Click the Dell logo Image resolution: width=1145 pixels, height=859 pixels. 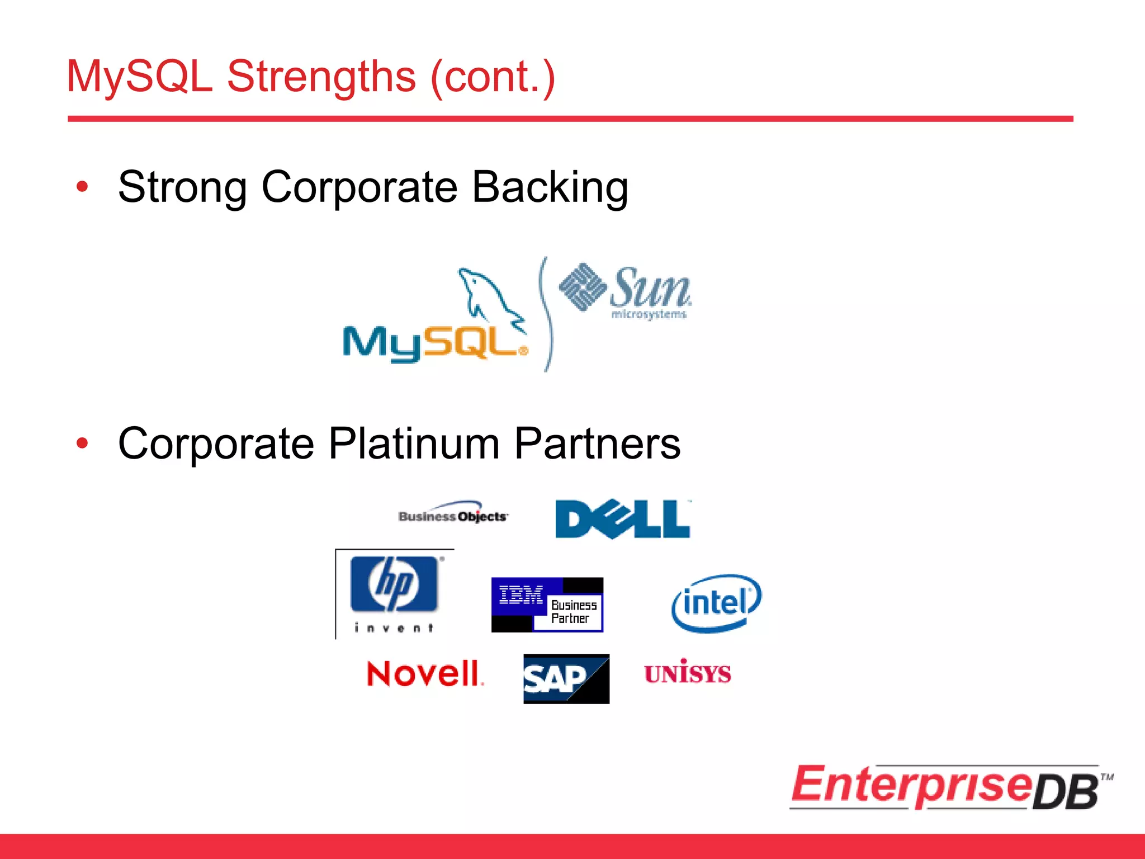pyautogui.click(x=622, y=519)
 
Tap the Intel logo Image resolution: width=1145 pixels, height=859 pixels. pyautogui.click(x=716, y=603)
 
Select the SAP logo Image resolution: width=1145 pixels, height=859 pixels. pyautogui.click(x=566, y=678)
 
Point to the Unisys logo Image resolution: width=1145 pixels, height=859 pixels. pyautogui.click(x=687, y=673)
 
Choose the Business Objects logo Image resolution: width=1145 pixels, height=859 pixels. pyautogui.click(x=453, y=516)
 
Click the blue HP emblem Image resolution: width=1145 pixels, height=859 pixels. pyautogui.click(x=394, y=583)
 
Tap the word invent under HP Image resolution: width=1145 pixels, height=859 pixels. pyautogui.click(x=394, y=628)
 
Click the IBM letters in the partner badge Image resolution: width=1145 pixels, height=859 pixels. pyautogui.click(x=521, y=596)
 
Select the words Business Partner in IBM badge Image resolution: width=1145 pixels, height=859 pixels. pyautogui.click(x=572, y=612)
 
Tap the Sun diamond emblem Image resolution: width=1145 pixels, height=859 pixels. pyautogui.click(x=583, y=286)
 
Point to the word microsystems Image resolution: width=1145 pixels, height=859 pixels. pyautogui.click(x=649, y=314)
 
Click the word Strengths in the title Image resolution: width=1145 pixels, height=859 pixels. pyautogui.click(x=321, y=77)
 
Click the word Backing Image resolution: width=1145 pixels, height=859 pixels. pyautogui.click(x=550, y=187)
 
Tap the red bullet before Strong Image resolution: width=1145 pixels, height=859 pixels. pyautogui.click(x=82, y=187)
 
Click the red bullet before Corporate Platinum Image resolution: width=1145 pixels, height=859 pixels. pyautogui.click(x=82, y=443)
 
